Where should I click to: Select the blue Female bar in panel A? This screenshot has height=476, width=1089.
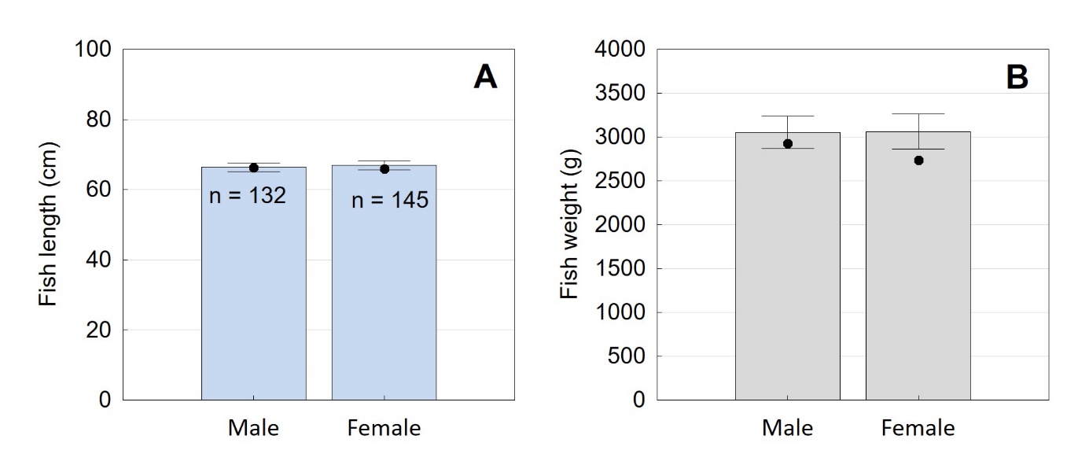tap(384, 307)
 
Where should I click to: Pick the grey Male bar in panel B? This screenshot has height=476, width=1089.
tap(787, 275)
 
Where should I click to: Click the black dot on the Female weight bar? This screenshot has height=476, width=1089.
tap(918, 161)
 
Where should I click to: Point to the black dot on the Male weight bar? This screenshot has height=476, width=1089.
tap(787, 143)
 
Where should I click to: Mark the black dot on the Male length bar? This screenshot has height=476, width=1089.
tap(253, 168)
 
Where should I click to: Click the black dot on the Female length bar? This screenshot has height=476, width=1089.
tap(384, 169)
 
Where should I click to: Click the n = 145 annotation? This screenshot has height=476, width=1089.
tap(389, 201)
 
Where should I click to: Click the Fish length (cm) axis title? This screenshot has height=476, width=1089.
tap(49, 225)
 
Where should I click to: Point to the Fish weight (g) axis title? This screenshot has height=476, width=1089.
tap(569, 225)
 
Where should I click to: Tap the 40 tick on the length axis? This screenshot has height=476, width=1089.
tap(98, 260)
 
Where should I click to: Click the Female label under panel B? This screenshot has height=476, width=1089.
tap(918, 429)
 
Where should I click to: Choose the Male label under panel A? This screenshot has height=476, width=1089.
tap(253, 429)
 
